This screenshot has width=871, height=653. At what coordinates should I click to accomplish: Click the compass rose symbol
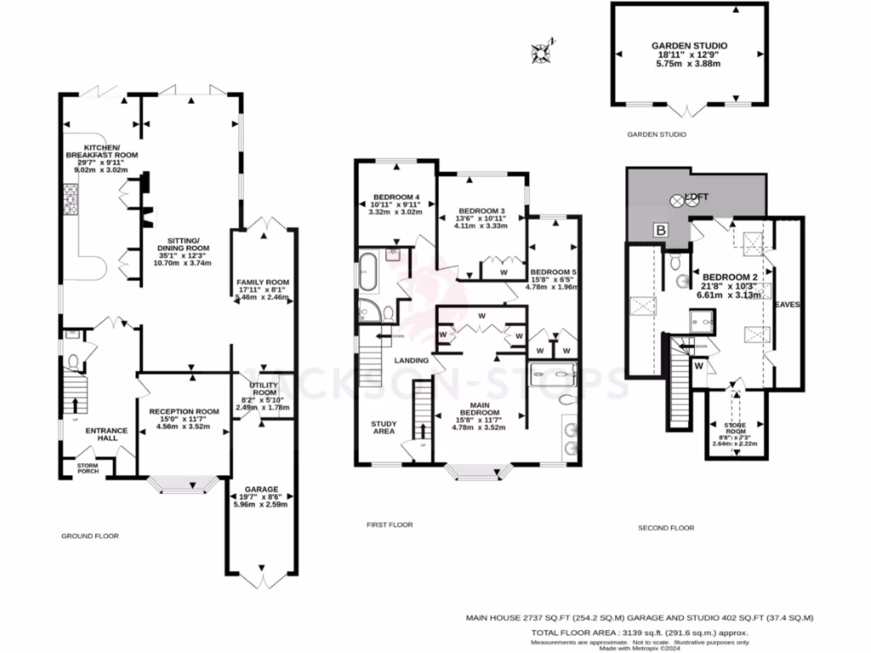pos(540,53)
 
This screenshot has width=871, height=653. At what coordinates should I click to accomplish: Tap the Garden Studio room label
pos(690,46)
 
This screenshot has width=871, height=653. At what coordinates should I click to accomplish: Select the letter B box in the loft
pos(658,230)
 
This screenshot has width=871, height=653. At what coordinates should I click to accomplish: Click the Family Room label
pos(263,282)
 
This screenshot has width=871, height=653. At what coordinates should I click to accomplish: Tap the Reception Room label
pos(184,411)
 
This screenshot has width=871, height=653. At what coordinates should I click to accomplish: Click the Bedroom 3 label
pos(481,211)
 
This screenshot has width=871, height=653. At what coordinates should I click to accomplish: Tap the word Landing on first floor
pos(411,361)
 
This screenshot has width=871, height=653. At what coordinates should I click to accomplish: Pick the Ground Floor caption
pos(89,537)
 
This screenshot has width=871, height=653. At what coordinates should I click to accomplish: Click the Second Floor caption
pos(666,528)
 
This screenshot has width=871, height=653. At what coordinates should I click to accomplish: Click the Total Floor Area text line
pos(640,633)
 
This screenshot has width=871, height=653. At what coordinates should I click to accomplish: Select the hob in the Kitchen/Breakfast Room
pos(66,202)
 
